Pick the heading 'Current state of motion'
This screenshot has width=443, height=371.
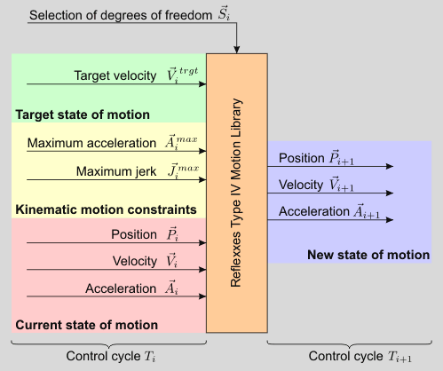pyautogui.click(x=86, y=324)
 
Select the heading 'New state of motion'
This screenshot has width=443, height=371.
pyautogui.click(x=368, y=255)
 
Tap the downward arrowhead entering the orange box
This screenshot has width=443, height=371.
pyautogui.click(x=236, y=50)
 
